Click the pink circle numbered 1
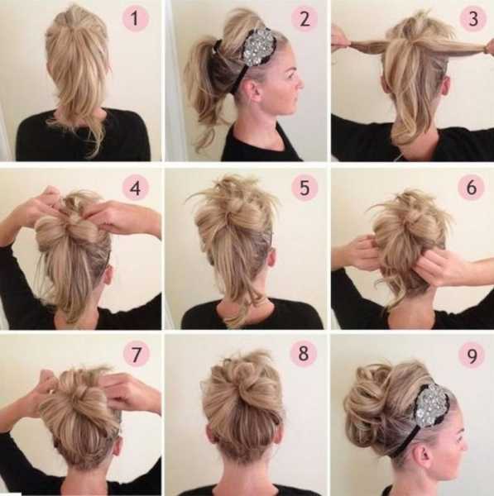click(x=135, y=19)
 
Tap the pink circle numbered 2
click(x=305, y=19)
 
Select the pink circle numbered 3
click(x=472, y=19)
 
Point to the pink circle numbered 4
click(x=135, y=188)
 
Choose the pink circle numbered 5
click(x=305, y=188)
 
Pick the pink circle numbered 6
click(x=472, y=187)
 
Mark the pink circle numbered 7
click(x=136, y=354)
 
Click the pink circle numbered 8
click(x=303, y=353)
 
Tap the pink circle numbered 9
click(x=472, y=355)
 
